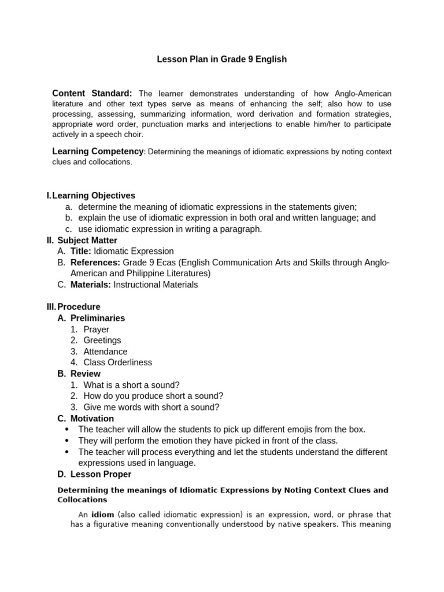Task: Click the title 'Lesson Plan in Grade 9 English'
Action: coord(222,60)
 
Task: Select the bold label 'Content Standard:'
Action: coord(92,93)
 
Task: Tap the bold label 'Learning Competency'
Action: coord(98,151)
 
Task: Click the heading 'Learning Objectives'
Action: coord(94,196)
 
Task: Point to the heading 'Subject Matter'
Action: coord(87,240)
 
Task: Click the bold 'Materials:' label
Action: coord(91,284)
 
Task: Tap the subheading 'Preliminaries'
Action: coord(98,318)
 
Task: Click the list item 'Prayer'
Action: coord(96,330)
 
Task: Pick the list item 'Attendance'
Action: coord(105,351)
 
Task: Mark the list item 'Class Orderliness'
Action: coord(117,362)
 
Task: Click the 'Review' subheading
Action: coord(85,373)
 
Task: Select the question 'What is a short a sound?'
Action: coord(131,385)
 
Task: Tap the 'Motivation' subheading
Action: coord(92,419)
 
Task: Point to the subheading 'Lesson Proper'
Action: coord(101,474)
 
